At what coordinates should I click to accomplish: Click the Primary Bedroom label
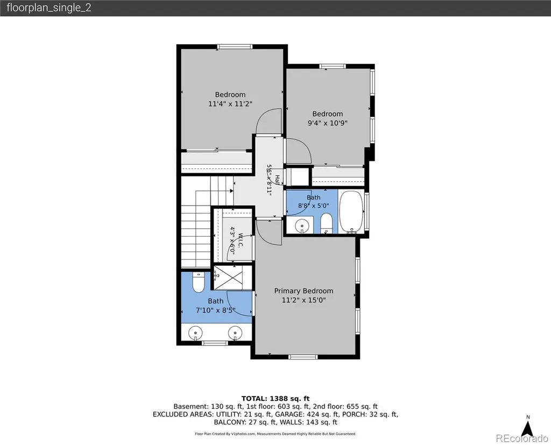[303, 291]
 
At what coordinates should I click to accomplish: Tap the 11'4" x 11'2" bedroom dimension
[230, 104]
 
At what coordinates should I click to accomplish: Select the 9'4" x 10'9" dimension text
[328, 123]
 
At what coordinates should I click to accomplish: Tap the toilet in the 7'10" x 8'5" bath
[199, 282]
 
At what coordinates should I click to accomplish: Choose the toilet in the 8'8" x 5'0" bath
[327, 223]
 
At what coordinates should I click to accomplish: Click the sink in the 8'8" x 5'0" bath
[302, 225]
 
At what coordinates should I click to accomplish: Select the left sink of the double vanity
[195, 333]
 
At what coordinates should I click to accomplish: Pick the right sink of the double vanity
[235, 333]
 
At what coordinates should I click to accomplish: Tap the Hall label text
[277, 180]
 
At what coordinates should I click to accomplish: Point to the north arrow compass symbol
[528, 428]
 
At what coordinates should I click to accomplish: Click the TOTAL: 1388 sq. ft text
[275, 399]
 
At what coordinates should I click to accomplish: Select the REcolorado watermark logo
[522, 439]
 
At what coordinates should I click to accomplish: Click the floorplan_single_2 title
[49, 8]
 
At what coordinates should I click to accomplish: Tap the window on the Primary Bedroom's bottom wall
[303, 357]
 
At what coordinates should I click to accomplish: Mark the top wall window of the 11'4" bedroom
[235, 46]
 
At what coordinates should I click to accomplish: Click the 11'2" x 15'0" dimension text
[303, 300]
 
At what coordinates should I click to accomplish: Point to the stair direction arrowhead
[231, 191]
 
